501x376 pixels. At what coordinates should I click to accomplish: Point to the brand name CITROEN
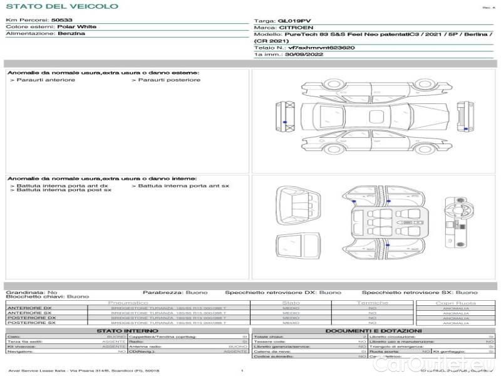click(x=293, y=28)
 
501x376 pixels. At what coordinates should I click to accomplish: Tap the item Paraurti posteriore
click(x=169, y=80)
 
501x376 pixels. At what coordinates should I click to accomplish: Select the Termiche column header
click(x=372, y=303)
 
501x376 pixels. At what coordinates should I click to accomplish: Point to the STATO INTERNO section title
click(x=128, y=331)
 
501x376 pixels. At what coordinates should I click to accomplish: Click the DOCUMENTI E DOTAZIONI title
click(x=373, y=331)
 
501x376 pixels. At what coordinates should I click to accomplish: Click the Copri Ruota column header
click(x=455, y=303)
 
